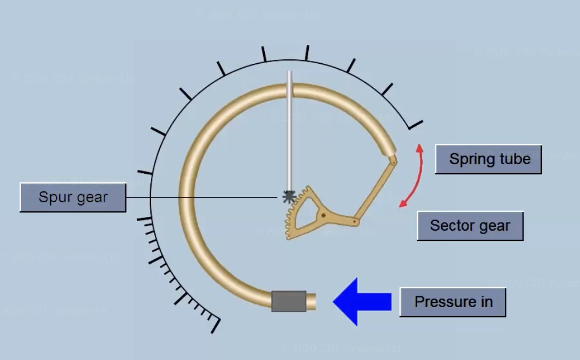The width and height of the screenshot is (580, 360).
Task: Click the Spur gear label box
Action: coord(73,198)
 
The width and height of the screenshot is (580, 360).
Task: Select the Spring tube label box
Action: coord(488,159)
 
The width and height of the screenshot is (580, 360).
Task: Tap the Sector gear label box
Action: coord(470,226)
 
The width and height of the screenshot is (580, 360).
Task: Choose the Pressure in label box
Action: coord(453,302)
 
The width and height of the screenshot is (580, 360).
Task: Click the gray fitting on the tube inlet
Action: coord(288,301)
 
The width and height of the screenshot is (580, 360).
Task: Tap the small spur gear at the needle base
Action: coord(289,197)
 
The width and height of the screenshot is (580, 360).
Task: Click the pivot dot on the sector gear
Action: coord(324,215)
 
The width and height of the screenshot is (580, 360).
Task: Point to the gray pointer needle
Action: coord(289,131)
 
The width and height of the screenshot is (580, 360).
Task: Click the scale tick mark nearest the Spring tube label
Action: coord(416,124)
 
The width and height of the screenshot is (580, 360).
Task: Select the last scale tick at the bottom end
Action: coord(215,325)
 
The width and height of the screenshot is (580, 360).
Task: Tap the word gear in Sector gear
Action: coord(495,226)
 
